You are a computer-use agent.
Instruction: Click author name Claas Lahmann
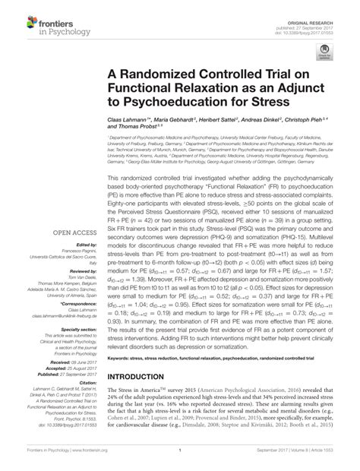click(x=128, y=122)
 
